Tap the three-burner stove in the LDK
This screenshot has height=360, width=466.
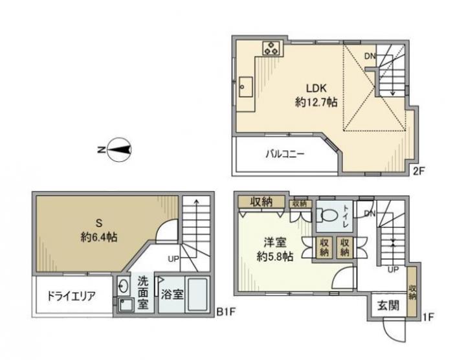(x=271, y=48)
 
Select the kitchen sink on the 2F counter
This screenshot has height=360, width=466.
(x=246, y=87)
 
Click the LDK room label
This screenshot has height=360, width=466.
(x=316, y=88)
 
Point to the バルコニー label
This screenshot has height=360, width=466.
(x=285, y=154)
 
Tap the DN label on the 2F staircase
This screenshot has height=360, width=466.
(x=370, y=56)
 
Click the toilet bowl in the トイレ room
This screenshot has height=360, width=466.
(x=328, y=215)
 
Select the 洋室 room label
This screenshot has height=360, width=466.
(x=274, y=243)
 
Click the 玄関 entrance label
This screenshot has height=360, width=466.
(x=388, y=306)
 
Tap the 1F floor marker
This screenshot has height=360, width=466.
(x=428, y=317)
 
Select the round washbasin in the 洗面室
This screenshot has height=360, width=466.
(x=123, y=286)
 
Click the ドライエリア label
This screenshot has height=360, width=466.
(x=71, y=296)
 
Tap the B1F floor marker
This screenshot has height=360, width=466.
(x=226, y=312)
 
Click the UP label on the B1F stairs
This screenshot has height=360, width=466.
(x=173, y=259)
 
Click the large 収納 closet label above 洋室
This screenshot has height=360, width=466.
(x=261, y=202)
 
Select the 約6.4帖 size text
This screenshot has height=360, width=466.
(x=98, y=237)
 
